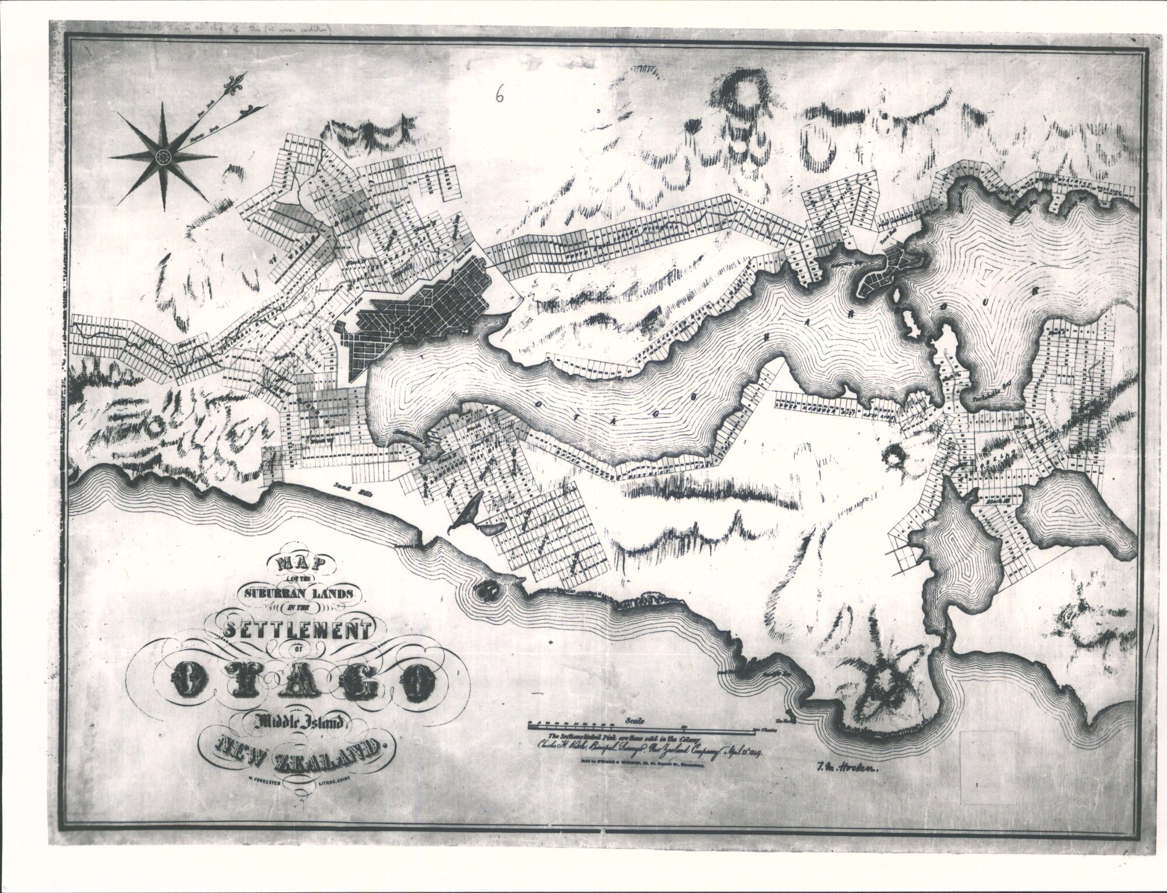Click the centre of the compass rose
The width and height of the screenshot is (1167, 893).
162,156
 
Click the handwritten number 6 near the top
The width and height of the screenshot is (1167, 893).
499,95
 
